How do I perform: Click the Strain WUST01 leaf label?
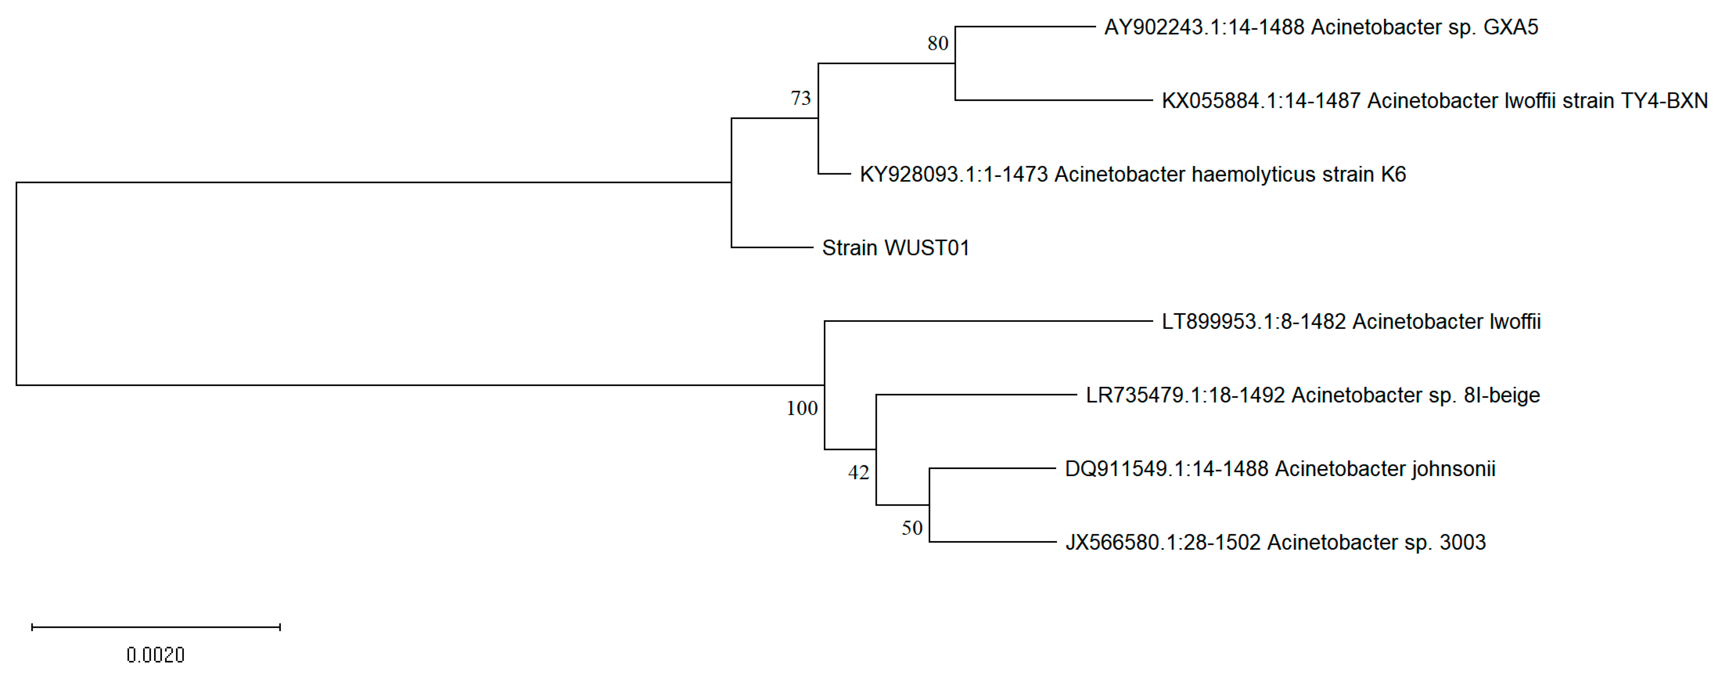[x=895, y=248]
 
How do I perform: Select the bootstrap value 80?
[x=937, y=43]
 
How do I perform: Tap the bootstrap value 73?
[x=801, y=99]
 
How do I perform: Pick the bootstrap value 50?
[x=912, y=528]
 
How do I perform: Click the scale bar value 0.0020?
[x=155, y=655]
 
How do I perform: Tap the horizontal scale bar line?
[x=156, y=627]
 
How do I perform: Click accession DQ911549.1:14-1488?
[x=1166, y=469]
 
